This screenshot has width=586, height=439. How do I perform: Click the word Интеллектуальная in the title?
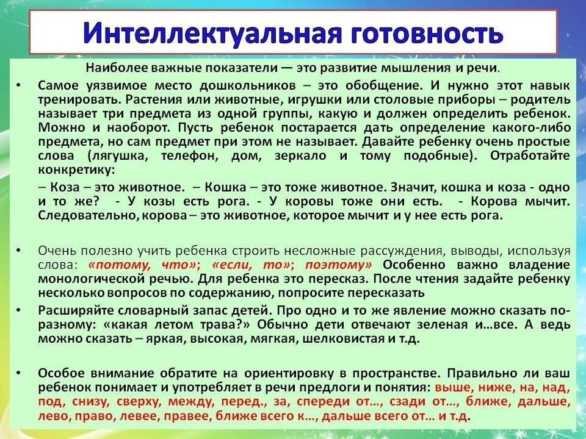click(212, 33)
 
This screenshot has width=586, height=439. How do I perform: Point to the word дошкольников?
click(247, 86)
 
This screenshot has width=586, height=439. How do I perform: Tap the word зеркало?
click(300, 155)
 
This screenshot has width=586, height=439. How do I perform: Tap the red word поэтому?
click(338, 265)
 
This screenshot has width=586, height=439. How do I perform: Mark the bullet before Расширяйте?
click(19, 310)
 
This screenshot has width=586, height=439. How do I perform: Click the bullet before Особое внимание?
click(19, 373)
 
